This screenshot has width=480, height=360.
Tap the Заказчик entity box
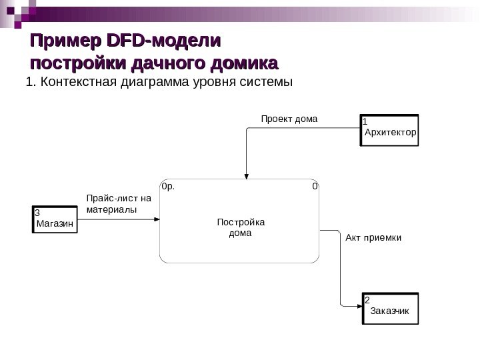[x=391, y=308]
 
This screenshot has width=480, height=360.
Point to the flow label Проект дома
[x=289, y=119]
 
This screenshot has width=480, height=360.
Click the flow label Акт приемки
[x=373, y=237]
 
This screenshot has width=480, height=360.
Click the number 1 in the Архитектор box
[x=365, y=123]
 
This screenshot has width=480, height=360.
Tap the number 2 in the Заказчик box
[x=367, y=301]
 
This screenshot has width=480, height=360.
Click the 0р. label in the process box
[x=167, y=187]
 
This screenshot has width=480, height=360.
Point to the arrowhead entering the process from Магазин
[x=157, y=219]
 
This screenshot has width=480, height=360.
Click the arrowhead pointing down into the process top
[x=247, y=176]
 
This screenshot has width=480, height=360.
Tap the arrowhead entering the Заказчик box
[x=359, y=306]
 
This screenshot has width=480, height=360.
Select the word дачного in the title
[x=167, y=65]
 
